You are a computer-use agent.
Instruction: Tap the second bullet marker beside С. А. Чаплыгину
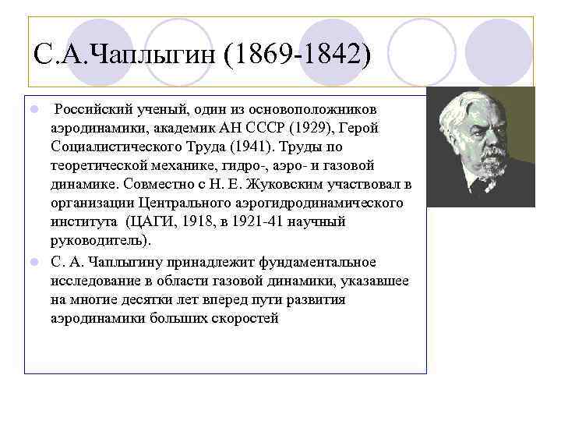pyautogui.click(x=34, y=260)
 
